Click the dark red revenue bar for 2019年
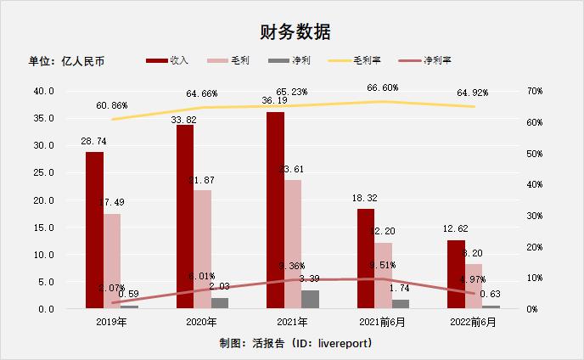click(x=94, y=230)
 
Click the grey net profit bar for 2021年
click(x=311, y=300)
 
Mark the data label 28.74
click(x=93, y=141)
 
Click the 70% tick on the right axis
click(x=538, y=91)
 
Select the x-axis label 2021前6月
click(x=384, y=323)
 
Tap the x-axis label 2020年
click(x=202, y=323)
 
